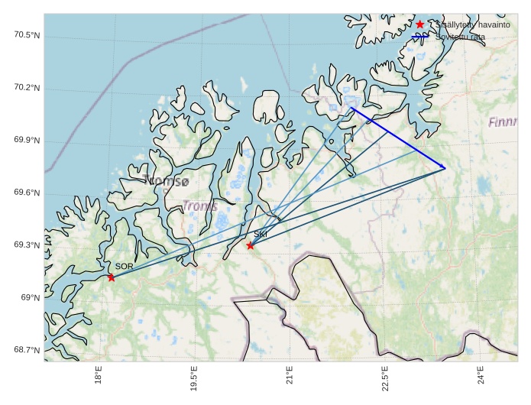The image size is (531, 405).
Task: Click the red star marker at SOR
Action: click(x=112, y=277)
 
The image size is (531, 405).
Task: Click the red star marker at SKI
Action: click(x=251, y=245)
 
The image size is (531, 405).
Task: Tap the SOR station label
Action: click(x=125, y=266)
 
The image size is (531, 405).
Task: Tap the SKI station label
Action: click(x=261, y=234)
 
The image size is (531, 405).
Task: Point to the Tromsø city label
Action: click(x=166, y=181)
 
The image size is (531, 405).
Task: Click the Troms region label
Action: click(x=200, y=206)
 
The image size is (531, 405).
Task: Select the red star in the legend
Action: click(x=419, y=24)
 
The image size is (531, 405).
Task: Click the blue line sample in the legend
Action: click(x=419, y=36)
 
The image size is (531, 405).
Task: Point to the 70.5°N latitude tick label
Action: click(x=27, y=36)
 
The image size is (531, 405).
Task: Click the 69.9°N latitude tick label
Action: click(x=27, y=141)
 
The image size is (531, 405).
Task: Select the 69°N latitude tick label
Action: click(x=30, y=297)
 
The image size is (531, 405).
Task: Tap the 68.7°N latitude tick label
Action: click(x=27, y=350)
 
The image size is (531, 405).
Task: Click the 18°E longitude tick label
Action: click(x=99, y=379)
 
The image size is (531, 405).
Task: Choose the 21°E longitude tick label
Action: click(x=290, y=379)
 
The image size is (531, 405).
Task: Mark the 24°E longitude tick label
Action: click(x=481, y=379)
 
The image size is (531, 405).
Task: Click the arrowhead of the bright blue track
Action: click(x=444, y=167)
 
